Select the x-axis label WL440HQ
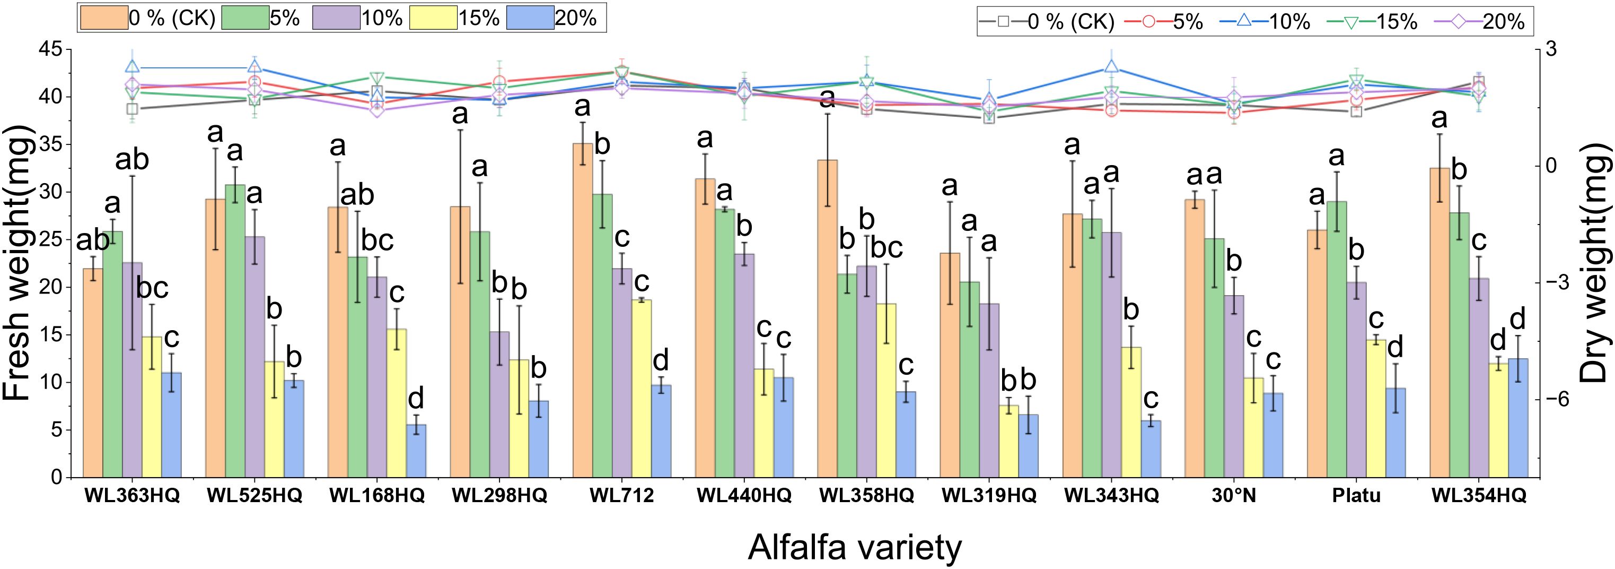click(744, 496)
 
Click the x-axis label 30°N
click(1234, 496)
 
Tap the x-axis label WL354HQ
click(1478, 496)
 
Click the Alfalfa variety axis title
click(854, 547)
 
